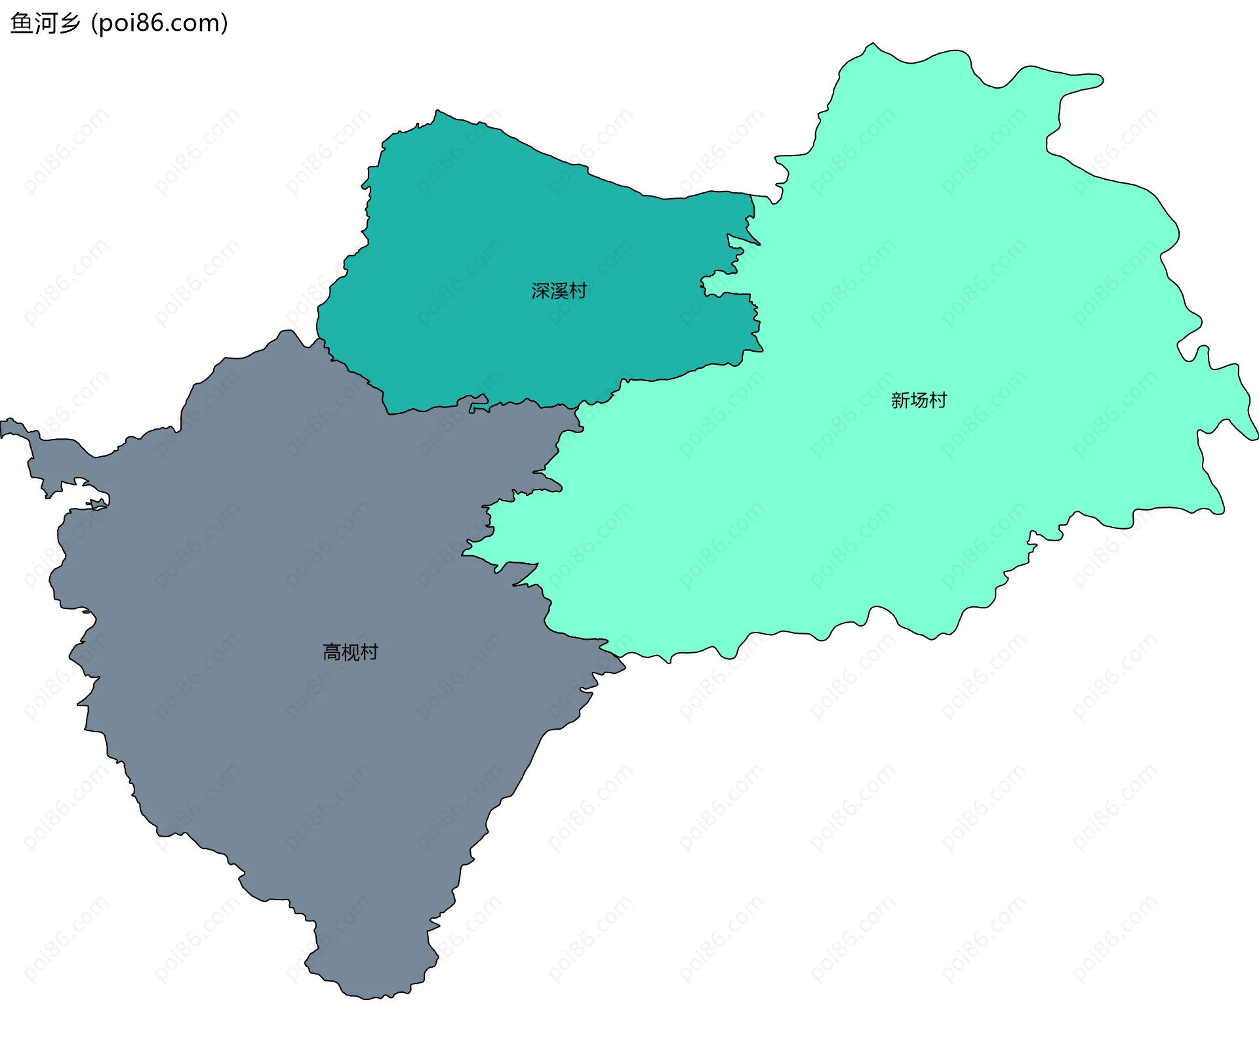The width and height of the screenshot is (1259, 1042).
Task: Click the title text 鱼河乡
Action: pos(45,23)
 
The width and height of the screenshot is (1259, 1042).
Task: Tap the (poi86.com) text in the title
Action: pos(159,23)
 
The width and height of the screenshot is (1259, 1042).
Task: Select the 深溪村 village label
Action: pos(559,291)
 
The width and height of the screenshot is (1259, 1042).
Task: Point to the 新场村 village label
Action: pos(919,400)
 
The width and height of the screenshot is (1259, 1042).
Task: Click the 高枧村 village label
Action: pos(350,652)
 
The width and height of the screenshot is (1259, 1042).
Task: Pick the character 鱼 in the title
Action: pos(21,23)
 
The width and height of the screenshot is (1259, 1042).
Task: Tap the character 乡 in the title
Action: pos(69,23)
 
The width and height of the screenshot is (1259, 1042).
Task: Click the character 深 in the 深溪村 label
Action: pos(540,291)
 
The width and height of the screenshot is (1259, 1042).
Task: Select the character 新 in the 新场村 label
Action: pos(900,400)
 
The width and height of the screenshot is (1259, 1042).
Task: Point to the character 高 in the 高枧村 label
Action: pos(332,652)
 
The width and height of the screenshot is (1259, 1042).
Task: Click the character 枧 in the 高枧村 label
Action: pos(350,652)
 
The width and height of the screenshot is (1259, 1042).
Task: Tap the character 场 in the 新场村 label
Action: pos(919,400)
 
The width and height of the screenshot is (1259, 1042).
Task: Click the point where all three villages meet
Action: pos(577,406)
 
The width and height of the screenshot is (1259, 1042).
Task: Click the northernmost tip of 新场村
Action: pos(872,43)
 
